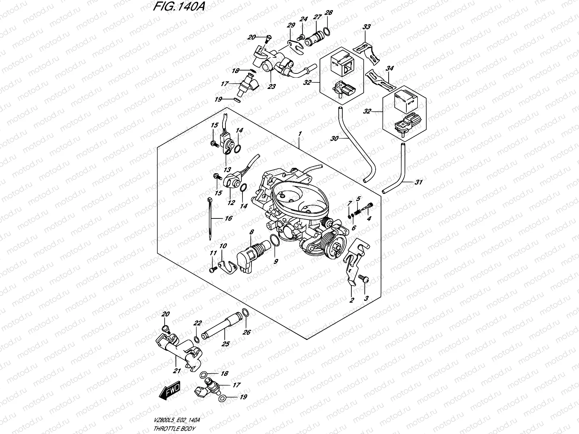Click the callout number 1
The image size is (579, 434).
tap(300, 134)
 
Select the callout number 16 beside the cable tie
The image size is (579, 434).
tap(228, 218)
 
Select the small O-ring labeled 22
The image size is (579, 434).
tap(196, 339)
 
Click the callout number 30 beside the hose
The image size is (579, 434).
tap(335, 138)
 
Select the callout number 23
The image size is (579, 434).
tap(271, 87)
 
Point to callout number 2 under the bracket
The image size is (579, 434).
tap(351, 300)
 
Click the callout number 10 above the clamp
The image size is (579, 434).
tap(223, 246)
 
